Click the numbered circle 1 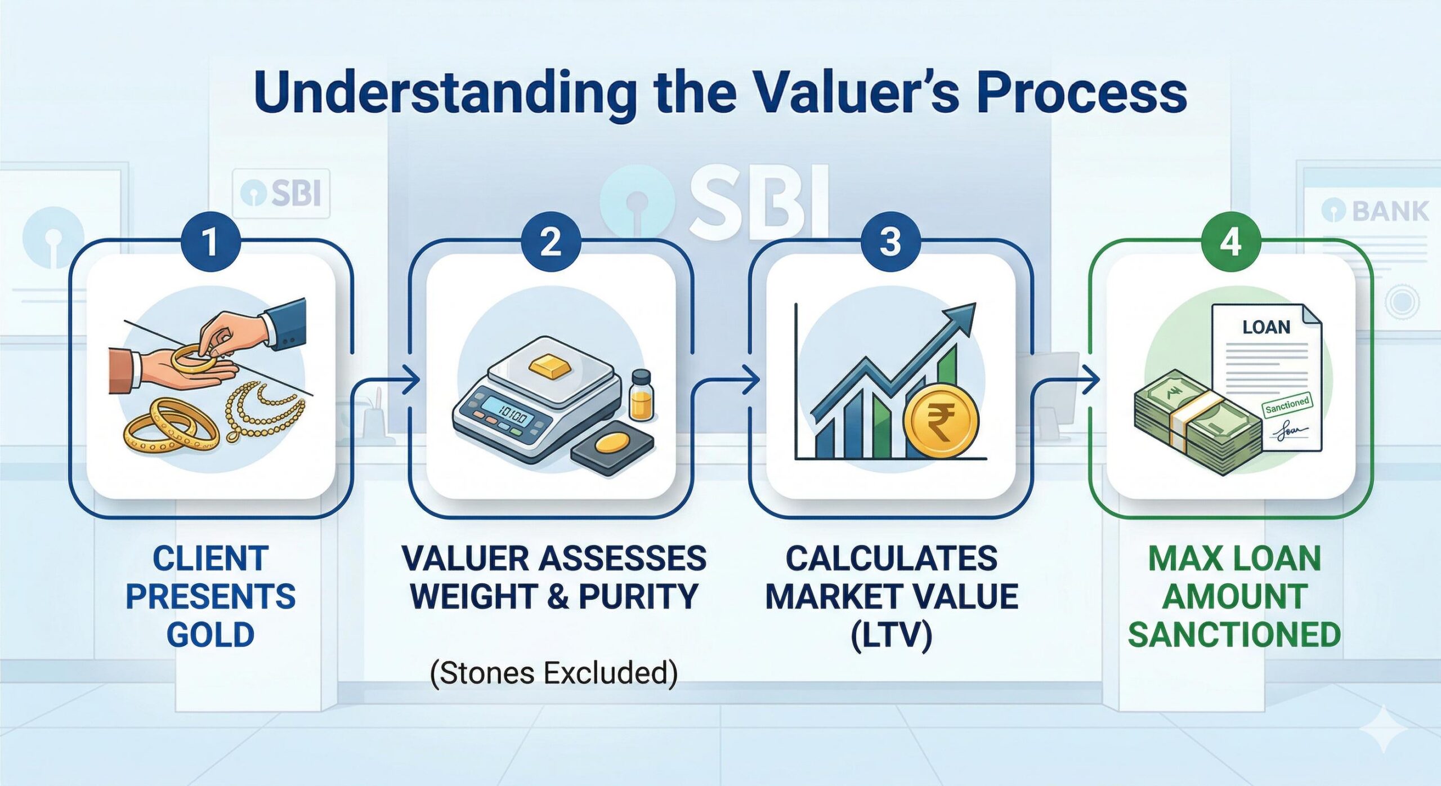(x=211, y=242)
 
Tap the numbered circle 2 (x=551, y=242)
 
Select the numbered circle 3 (x=890, y=242)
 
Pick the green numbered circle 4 (x=1231, y=242)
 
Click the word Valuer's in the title (x=853, y=93)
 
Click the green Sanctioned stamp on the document (x=1287, y=404)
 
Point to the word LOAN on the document (x=1266, y=327)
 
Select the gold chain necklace (x=265, y=411)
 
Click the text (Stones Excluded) (x=553, y=673)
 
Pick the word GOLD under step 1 (x=211, y=635)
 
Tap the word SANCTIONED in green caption (x=1234, y=635)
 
